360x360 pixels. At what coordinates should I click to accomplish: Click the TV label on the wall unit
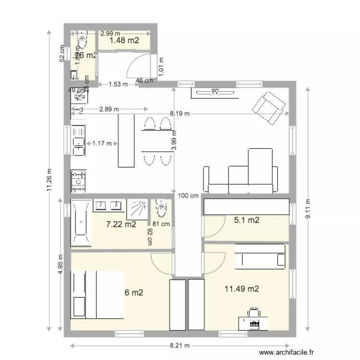216,93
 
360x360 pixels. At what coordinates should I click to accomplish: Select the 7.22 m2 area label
120,224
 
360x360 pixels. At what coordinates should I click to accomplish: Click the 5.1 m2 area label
246,221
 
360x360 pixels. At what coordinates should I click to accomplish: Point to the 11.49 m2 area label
242,289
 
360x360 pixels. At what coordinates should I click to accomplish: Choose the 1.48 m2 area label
124,41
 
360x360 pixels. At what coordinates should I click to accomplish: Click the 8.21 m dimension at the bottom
180,346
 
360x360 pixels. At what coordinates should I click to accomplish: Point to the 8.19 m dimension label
180,114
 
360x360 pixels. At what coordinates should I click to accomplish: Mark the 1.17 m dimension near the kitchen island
101,143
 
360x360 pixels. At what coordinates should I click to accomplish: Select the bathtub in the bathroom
80,223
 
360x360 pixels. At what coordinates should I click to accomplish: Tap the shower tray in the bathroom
138,207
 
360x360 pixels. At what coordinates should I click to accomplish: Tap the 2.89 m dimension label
108,109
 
